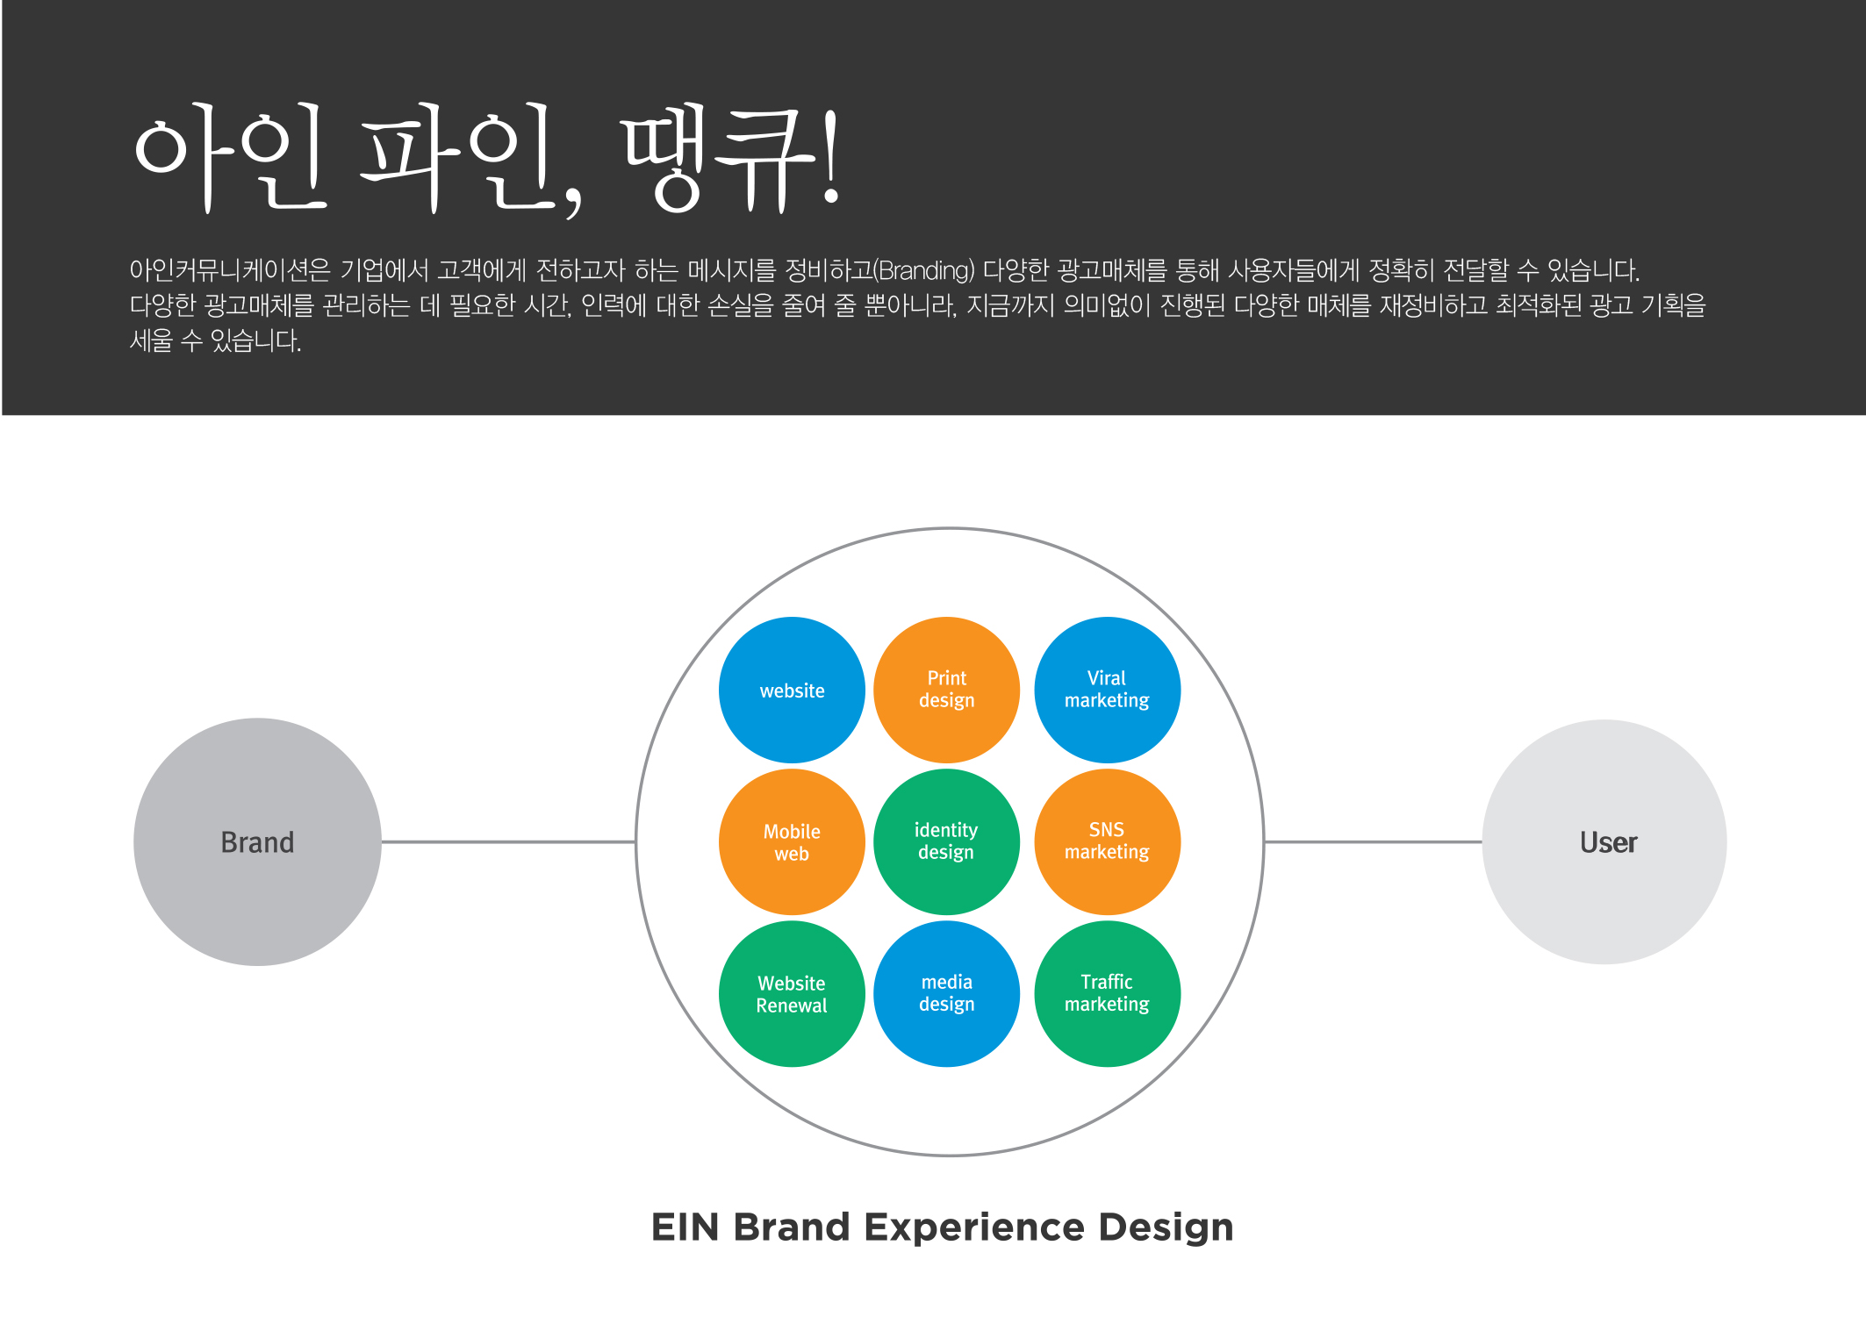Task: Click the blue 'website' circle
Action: tap(792, 690)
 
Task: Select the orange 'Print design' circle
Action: tap(946, 690)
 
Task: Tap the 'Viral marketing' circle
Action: tap(1107, 690)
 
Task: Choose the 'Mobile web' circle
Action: tap(792, 841)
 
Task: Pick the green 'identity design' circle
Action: tap(946, 841)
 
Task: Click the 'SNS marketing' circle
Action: tap(1107, 841)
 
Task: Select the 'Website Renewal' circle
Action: tap(792, 993)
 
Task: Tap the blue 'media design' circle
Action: tap(946, 993)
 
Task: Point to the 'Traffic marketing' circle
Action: tap(1107, 993)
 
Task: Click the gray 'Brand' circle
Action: tap(257, 841)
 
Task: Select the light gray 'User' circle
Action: tap(1604, 841)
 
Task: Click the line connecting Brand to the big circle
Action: tap(509, 841)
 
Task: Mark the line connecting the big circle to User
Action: tap(1374, 841)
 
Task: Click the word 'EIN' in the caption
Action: tap(685, 1227)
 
